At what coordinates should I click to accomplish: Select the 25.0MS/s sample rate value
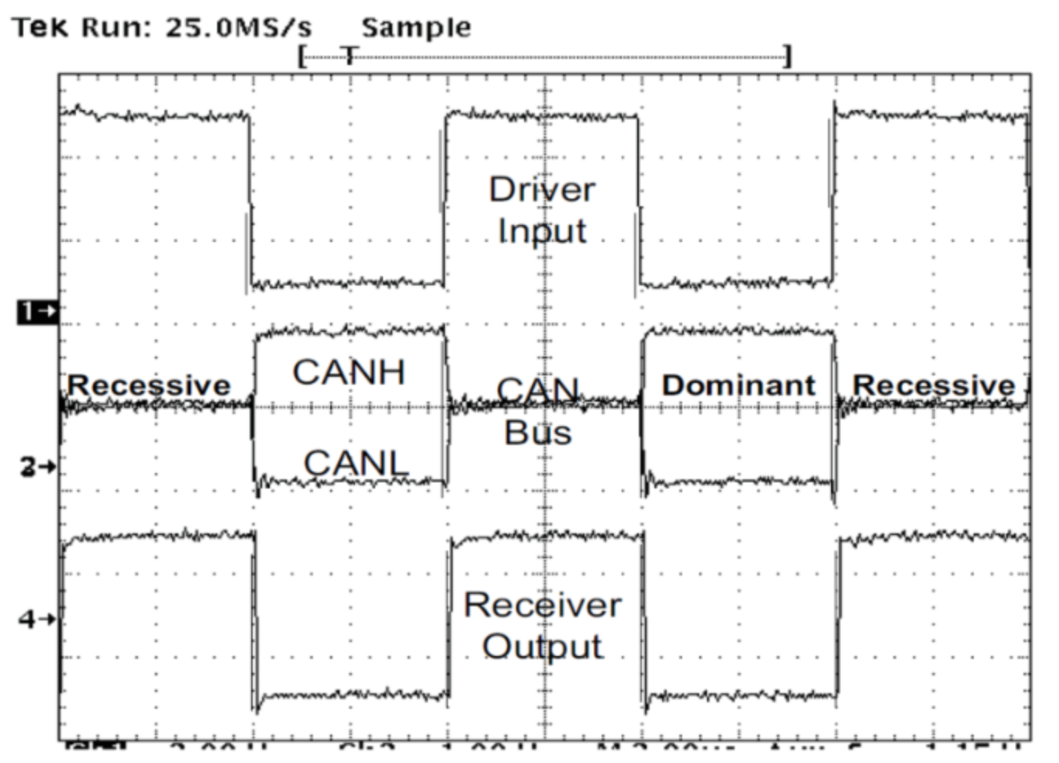coord(238,28)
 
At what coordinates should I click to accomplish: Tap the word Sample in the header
coord(416,28)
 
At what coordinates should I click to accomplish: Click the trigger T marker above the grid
coord(350,56)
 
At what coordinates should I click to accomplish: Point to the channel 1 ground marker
coord(36,312)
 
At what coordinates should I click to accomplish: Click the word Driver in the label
coord(542,190)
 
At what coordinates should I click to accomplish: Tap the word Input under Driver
coord(542,231)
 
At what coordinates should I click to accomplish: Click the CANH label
coord(349,372)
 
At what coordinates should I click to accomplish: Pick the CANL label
coord(356,464)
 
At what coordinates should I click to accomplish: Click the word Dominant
coord(738,385)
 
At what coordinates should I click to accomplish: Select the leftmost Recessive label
coord(149,385)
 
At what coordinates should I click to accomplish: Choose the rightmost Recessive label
coord(934,385)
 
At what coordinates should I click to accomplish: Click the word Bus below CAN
coord(537,433)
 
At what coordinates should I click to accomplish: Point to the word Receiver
coord(542,606)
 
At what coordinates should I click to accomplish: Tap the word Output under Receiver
coord(542,647)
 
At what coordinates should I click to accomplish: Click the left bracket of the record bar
coord(302,56)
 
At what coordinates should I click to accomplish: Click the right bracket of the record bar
coord(787,56)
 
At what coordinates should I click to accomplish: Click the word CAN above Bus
coord(537,390)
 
